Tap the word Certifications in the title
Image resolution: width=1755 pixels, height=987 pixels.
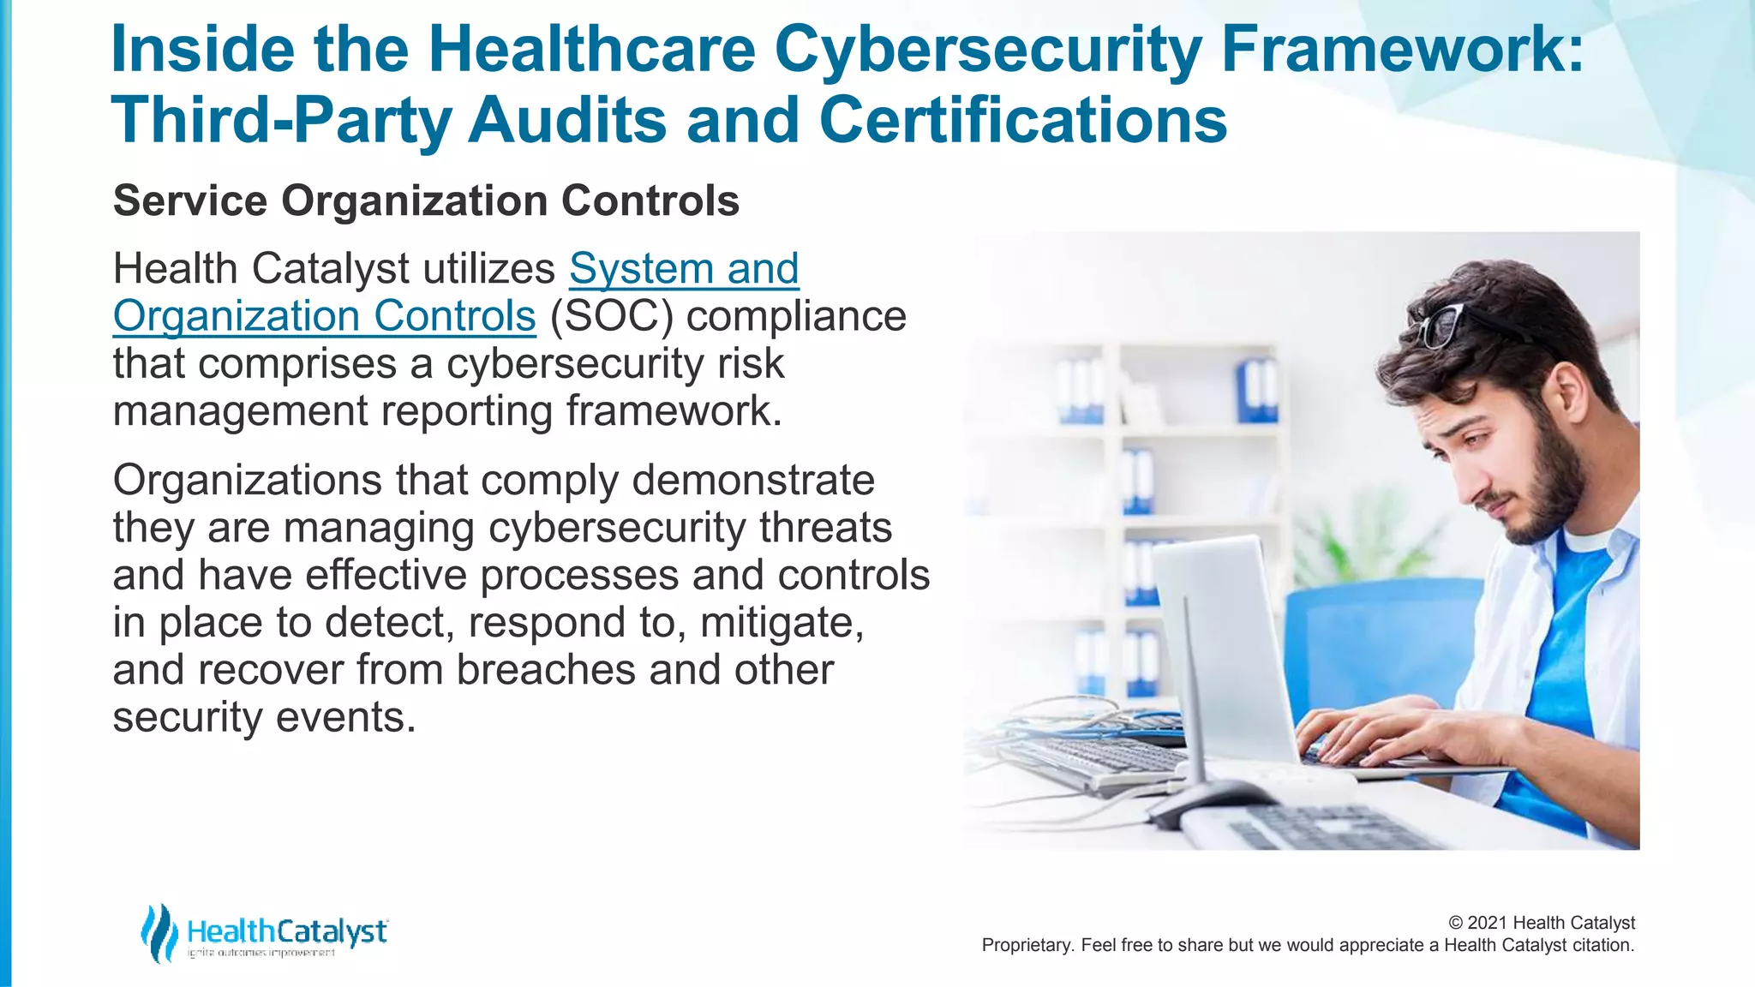tap(1023, 120)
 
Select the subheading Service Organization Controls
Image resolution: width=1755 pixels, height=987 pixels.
tap(426, 201)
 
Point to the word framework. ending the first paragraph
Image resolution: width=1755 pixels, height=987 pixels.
tap(674, 411)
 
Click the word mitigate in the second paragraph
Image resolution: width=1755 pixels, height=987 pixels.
tap(781, 623)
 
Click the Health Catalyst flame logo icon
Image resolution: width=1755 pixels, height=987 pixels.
tap(159, 933)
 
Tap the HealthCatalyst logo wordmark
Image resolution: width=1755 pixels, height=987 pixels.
tap(287, 931)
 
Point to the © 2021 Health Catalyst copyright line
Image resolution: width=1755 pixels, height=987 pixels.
tap(1541, 923)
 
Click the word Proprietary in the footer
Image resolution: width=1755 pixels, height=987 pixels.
tap(1025, 946)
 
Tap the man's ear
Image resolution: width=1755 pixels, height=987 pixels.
tap(1567, 393)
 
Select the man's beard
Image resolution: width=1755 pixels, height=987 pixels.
tap(1551, 488)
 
